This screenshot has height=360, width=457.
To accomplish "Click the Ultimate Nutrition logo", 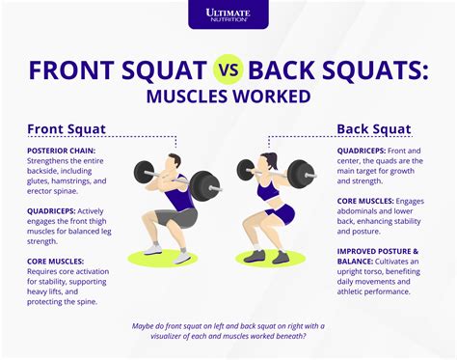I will pos(228,15).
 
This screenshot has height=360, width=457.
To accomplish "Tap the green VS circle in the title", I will pos(228,70).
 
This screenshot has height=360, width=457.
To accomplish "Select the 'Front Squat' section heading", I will pos(66,129).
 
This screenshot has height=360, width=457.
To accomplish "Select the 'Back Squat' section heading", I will pos(373,129).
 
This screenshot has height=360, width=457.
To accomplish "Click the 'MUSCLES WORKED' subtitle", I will pos(228,97).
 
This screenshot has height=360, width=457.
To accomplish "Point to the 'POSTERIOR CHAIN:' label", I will pos(61,150).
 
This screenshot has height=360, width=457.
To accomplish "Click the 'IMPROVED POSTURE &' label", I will pos(378,250).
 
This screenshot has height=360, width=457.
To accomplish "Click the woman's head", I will pos(269,164).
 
